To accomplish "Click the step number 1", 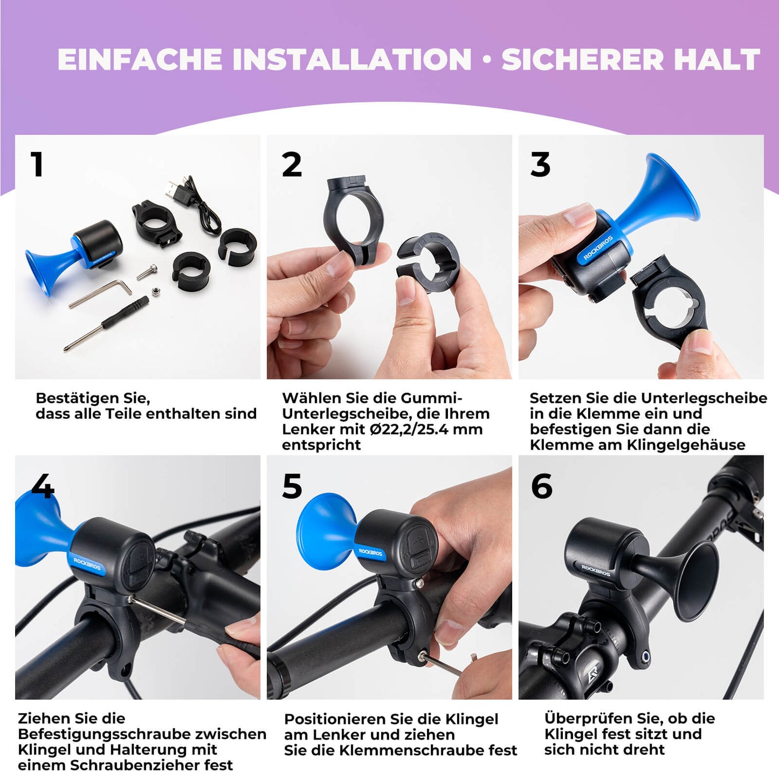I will (37, 164).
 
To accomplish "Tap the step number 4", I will (43, 486).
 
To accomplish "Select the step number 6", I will (541, 486).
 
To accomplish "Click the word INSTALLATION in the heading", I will (352, 59).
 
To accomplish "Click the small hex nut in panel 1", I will (155, 292).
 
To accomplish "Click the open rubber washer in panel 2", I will (429, 261).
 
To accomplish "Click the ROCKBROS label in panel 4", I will (87, 564).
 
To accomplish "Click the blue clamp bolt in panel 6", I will (645, 656).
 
